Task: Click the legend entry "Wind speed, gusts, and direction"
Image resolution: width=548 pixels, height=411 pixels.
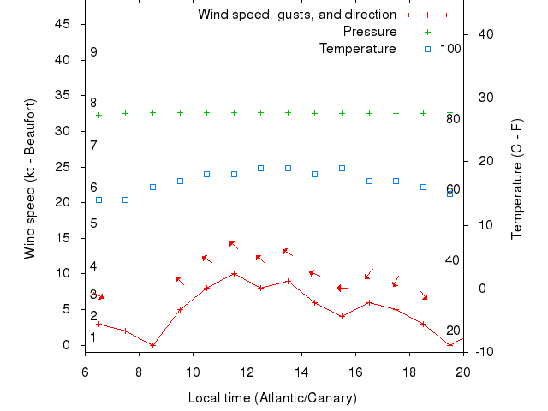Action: (x=297, y=15)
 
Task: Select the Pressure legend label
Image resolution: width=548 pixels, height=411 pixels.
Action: (x=370, y=32)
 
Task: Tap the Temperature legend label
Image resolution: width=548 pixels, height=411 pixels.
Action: (x=358, y=49)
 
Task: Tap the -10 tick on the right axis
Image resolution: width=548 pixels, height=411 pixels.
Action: (x=482, y=352)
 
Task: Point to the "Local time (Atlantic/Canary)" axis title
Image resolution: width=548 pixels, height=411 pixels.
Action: (x=272, y=398)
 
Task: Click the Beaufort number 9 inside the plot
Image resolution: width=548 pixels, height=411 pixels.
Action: (x=93, y=52)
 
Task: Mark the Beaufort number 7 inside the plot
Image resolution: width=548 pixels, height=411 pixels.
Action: (x=93, y=145)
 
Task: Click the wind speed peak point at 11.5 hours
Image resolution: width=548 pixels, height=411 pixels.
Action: (x=234, y=274)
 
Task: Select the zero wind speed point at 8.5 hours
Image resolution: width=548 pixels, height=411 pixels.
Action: (x=152, y=345)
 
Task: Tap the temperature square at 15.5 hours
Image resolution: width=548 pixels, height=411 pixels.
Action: (x=342, y=168)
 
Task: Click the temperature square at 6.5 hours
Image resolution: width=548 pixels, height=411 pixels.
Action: (x=98, y=200)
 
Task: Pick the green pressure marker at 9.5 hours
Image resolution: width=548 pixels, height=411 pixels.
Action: (x=180, y=112)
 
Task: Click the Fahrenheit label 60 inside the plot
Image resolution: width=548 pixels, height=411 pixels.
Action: (x=453, y=189)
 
